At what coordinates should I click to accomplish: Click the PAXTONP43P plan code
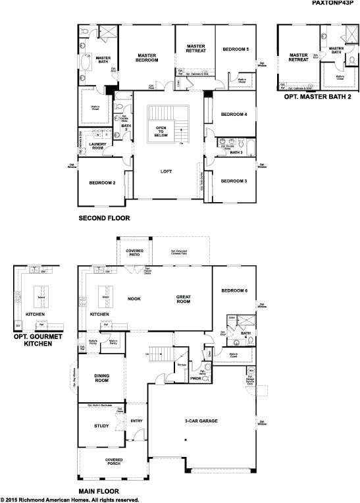[x=334, y=3]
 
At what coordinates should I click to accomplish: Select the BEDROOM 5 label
[x=235, y=49]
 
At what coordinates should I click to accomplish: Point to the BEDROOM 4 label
[x=234, y=115]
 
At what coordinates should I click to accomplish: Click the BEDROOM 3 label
[x=234, y=180]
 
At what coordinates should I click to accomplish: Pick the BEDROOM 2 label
[x=103, y=182]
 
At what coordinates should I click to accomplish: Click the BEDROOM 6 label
[x=234, y=290]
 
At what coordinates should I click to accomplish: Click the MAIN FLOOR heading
[x=99, y=491]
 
